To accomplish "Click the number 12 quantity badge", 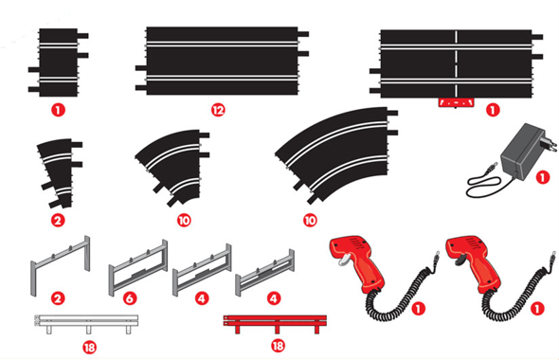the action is [218, 110].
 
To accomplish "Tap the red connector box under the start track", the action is [457, 102].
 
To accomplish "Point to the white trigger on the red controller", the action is [343, 261].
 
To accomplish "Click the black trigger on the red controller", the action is [460, 261].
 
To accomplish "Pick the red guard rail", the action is [275, 324].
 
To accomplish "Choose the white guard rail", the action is [86, 324].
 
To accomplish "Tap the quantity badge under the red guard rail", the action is [278, 346].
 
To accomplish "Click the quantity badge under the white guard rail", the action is [89, 347].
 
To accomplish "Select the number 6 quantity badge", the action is [130, 298].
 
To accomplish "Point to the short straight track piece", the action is [58, 63].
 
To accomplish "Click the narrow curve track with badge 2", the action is [60, 173].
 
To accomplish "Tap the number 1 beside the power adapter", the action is [543, 177].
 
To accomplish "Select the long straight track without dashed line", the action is [222, 61].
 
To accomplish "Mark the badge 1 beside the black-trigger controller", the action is [537, 308].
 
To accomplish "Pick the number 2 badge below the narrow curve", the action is [58, 221].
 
